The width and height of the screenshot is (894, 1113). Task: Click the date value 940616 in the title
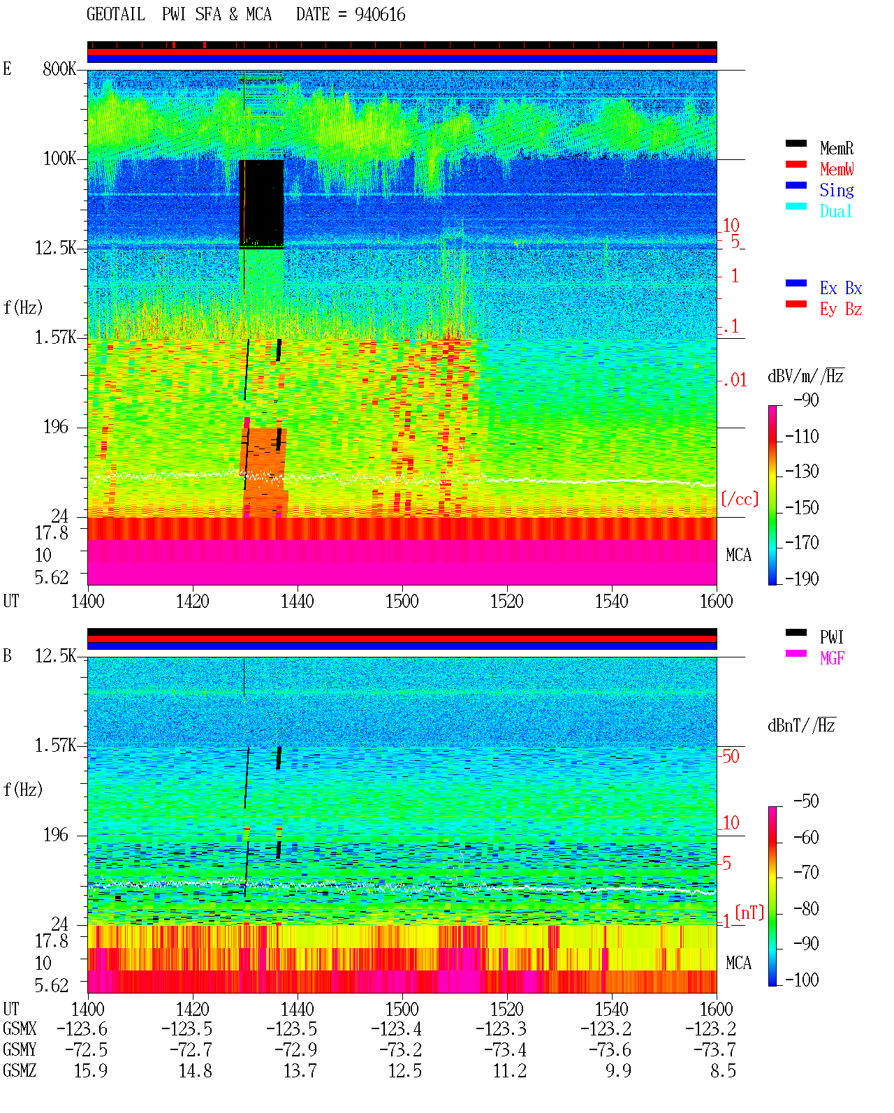click(380, 15)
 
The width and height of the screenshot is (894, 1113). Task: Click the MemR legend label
click(837, 148)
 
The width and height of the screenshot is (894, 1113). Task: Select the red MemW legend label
click(837, 169)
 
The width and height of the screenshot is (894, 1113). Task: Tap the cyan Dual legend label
click(836, 211)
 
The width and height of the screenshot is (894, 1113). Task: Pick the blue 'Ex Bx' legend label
click(841, 288)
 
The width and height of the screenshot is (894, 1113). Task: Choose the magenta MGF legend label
click(832, 658)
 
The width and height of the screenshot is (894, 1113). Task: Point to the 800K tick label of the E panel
click(59, 68)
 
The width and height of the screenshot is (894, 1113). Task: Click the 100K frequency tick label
click(59, 159)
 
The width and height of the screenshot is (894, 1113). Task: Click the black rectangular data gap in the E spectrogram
click(261, 203)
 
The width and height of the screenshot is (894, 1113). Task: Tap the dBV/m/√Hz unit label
click(805, 375)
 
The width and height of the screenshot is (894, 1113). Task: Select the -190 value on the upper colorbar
click(802, 579)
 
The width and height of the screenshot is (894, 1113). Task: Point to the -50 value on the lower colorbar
click(806, 801)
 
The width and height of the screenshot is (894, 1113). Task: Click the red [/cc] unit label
click(740, 499)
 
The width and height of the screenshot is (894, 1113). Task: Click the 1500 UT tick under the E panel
click(402, 602)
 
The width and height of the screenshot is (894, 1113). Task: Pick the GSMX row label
click(20, 1028)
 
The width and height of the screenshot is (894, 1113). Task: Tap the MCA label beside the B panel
click(738, 963)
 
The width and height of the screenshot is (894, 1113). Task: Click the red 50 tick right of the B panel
click(731, 757)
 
